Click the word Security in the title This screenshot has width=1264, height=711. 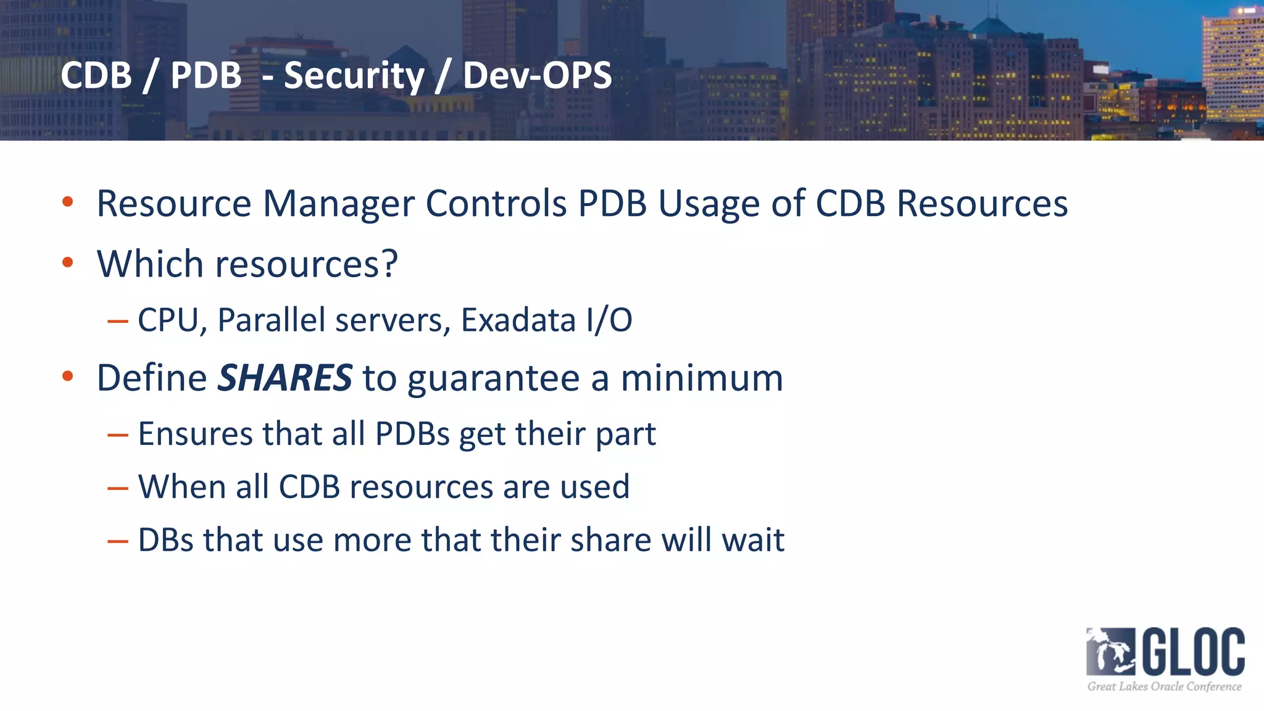click(354, 76)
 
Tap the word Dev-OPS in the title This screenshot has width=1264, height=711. click(537, 75)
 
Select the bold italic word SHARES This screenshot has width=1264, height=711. click(285, 378)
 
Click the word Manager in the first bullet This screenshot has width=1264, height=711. click(338, 204)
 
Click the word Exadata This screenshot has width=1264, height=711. click(518, 320)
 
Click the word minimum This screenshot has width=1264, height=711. click(702, 378)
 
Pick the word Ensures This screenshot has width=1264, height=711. click(195, 433)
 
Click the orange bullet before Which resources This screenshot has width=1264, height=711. click(68, 262)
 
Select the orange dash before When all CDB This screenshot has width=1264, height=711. click(117, 488)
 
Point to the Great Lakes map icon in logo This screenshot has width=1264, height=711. click(1110, 652)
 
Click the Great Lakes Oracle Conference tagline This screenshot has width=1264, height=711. click(1164, 686)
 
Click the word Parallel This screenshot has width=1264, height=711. click(272, 320)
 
